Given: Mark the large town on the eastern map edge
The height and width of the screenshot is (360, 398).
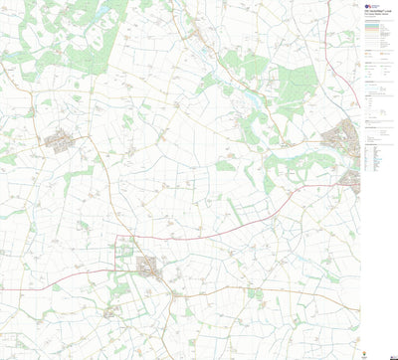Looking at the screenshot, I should (x=347, y=133).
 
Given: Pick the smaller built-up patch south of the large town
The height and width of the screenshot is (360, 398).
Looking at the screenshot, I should (x=351, y=179).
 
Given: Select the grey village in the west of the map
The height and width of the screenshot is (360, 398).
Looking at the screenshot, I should (x=60, y=140).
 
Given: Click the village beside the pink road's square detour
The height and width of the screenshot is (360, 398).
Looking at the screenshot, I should (x=146, y=266).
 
